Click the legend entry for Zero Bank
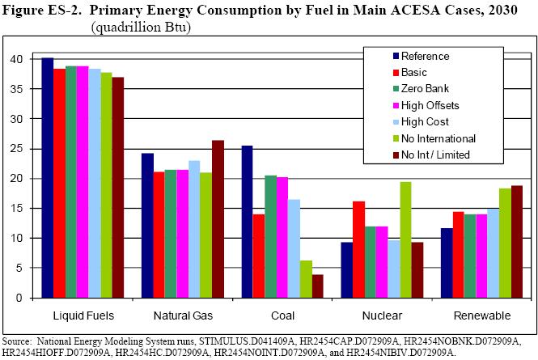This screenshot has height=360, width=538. coord(425,87)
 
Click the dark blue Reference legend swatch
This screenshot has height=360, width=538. coord(396,57)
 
